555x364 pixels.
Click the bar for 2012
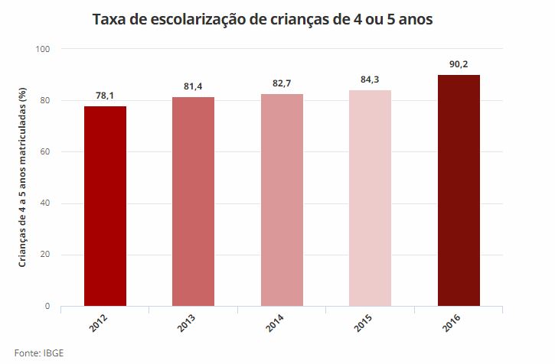pyautogui.click(x=105, y=206)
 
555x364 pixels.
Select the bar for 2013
pyautogui.click(x=193, y=202)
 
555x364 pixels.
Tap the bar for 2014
pyautogui.click(x=282, y=200)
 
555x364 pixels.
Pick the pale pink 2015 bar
pyautogui.click(x=370, y=198)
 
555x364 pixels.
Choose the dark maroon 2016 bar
pyautogui.click(x=459, y=190)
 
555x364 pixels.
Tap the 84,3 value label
pyautogui.click(x=370, y=80)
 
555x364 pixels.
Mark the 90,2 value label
pyautogui.click(x=459, y=64)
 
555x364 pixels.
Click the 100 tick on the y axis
pyautogui.click(x=43, y=49)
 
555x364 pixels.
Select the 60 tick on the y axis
pyautogui.click(x=45, y=152)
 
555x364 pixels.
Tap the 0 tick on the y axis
pyautogui.click(x=47, y=307)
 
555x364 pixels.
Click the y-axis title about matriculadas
pyautogui.click(x=23, y=177)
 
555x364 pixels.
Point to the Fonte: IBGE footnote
pyautogui.click(x=38, y=353)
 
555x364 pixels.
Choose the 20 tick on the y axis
pyautogui.click(x=45, y=255)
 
